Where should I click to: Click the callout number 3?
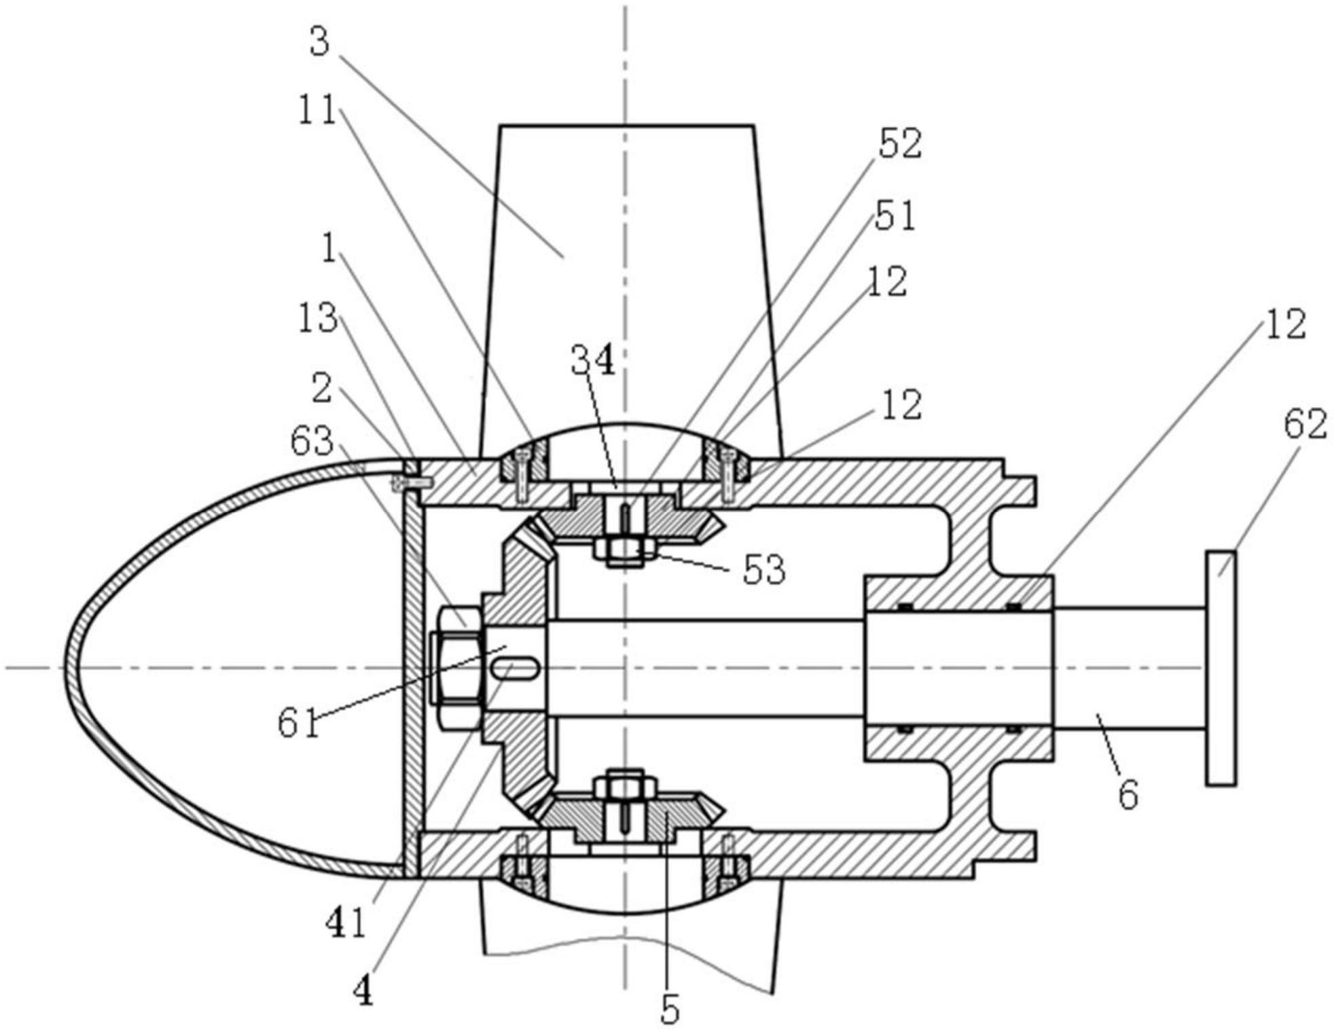point(319,41)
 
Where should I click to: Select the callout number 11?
point(318,109)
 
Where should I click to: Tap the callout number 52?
point(900,144)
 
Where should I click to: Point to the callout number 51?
point(895,215)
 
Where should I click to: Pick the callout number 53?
point(764,569)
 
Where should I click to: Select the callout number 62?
point(1305,425)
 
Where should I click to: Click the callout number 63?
point(312,442)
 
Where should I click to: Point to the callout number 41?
point(346,923)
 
